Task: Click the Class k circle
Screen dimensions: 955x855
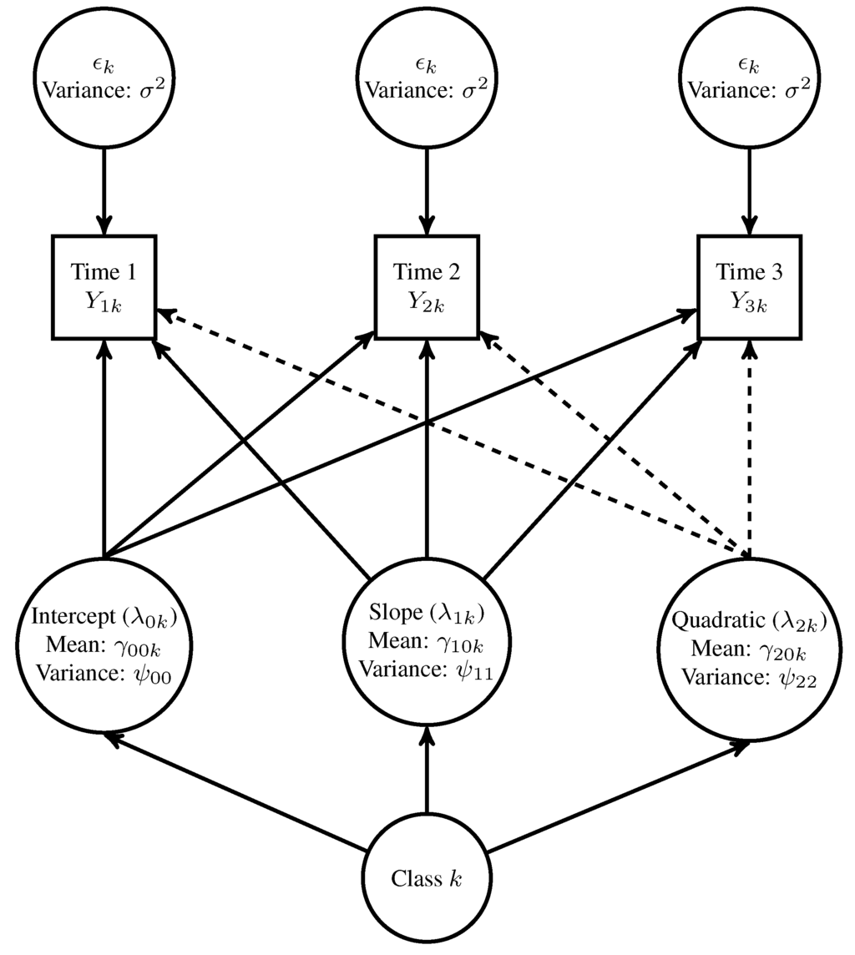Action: coord(427,878)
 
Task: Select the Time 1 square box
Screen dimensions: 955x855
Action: coord(104,287)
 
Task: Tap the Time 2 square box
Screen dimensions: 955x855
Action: coord(427,287)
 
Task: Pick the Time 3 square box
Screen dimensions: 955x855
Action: coord(749,287)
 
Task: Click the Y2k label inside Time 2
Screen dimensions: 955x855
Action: coord(427,302)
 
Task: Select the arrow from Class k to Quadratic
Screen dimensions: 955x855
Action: coord(618,797)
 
